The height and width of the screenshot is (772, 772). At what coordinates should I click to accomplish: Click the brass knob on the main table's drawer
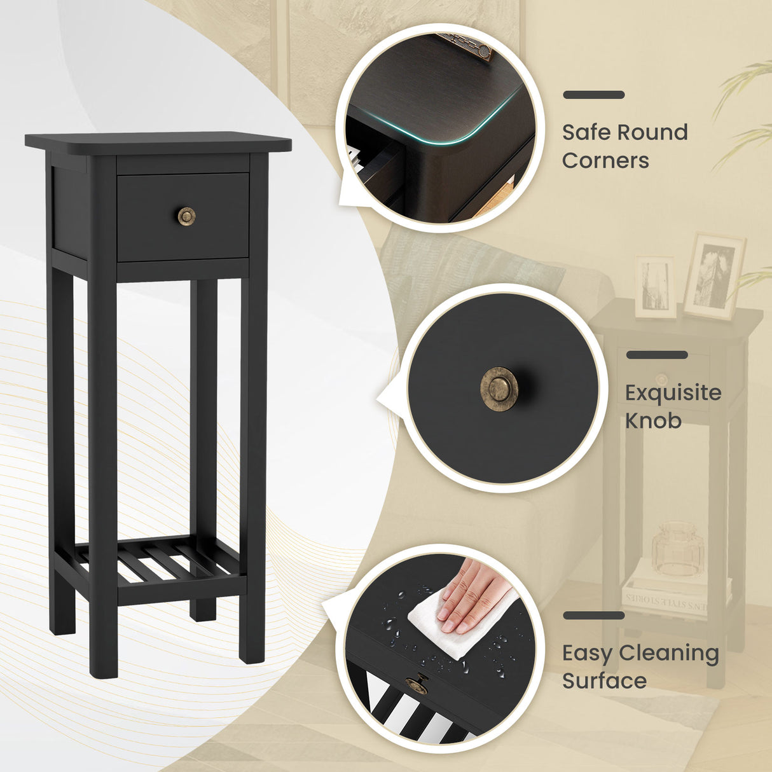click(186, 216)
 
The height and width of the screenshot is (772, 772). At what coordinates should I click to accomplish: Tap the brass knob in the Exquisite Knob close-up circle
click(499, 389)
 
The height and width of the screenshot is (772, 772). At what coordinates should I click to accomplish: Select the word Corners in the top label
click(605, 160)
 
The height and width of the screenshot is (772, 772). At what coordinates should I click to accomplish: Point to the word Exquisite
click(673, 392)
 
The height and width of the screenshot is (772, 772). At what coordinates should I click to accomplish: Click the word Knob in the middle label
click(653, 420)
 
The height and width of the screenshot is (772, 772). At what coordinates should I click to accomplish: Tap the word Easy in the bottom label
click(586, 653)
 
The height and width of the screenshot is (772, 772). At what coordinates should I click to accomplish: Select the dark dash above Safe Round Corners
click(593, 95)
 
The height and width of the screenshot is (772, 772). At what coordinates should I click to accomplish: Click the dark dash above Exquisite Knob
click(657, 355)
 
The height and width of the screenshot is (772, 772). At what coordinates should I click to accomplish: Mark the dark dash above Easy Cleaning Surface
click(593, 616)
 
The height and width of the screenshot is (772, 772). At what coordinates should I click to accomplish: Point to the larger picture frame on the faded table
click(713, 276)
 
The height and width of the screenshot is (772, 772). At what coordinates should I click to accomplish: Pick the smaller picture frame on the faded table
click(655, 287)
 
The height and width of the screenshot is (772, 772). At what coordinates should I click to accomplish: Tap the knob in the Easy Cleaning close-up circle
click(417, 684)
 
